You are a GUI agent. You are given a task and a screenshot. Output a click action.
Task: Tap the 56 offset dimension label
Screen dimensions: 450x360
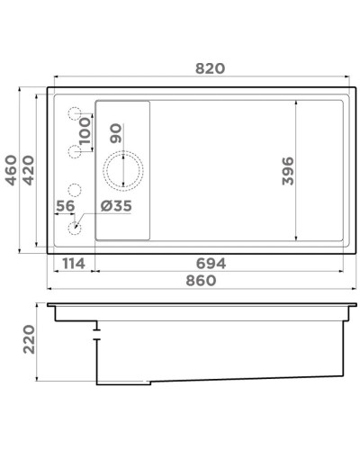click(x=65, y=206)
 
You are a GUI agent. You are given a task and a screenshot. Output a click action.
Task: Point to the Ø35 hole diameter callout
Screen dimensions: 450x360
click(x=116, y=206)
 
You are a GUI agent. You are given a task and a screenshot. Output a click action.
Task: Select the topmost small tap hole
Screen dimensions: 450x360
click(x=75, y=113)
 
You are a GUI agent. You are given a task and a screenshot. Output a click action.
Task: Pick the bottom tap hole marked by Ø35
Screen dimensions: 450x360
click(x=75, y=227)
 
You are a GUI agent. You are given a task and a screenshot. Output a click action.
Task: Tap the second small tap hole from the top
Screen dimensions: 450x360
click(x=75, y=150)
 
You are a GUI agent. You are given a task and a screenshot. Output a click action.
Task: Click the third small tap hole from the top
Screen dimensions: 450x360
click(x=75, y=190)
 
